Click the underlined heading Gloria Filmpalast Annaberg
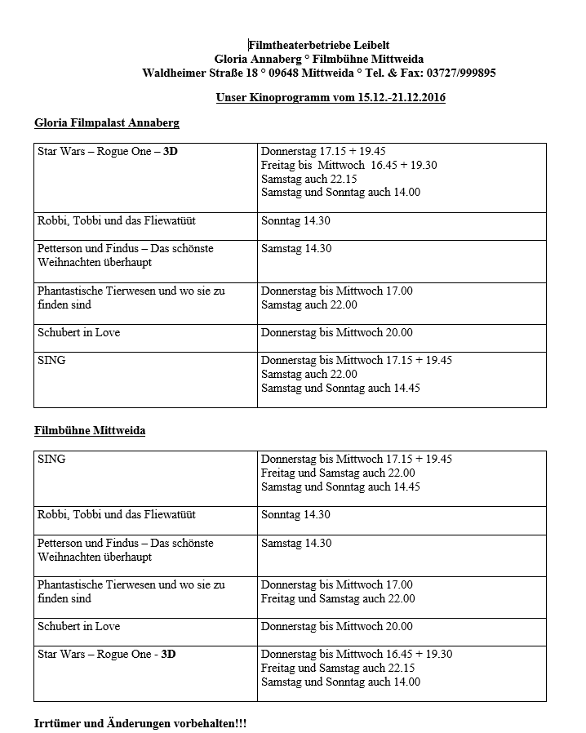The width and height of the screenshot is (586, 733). pos(107,123)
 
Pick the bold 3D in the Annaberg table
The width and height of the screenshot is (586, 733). pos(171,152)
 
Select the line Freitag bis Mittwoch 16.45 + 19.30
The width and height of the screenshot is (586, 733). pos(348,166)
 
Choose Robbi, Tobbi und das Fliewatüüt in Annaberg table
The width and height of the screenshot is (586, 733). pos(117,221)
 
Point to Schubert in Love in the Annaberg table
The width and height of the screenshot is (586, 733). pos(78,332)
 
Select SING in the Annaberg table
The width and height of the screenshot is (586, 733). pos(51,360)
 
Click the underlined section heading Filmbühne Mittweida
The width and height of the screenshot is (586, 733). pos(90,430)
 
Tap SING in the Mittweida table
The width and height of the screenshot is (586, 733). pos(51,459)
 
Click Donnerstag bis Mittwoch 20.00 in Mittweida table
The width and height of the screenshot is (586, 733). pos(337,627)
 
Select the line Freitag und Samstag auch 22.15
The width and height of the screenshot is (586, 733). pos(338,669)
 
